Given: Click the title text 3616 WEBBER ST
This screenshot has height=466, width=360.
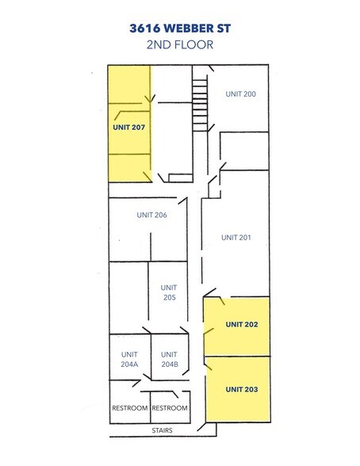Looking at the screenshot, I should (179, 28).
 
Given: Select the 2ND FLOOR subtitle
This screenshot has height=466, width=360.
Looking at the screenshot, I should (179, 45).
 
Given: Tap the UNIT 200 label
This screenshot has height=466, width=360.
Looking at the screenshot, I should (239, 94).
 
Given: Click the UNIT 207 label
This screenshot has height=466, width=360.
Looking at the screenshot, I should (128, 126).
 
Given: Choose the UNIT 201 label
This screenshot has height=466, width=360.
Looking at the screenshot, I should (236, 237).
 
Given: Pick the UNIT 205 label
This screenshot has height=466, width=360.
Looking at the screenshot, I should (168, 292).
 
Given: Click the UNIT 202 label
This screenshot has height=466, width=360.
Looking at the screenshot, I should (241, 324).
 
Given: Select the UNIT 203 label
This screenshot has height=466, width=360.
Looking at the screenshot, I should (241, 389).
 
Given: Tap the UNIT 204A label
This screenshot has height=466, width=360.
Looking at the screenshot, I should (129, 359).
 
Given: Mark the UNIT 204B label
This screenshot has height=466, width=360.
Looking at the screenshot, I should (168, 359).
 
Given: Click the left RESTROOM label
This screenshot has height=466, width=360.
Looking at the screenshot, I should (129, 408).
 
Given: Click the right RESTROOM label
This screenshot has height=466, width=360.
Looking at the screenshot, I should (170, 408).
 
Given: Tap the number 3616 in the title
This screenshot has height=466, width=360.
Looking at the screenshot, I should (147, 28).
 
